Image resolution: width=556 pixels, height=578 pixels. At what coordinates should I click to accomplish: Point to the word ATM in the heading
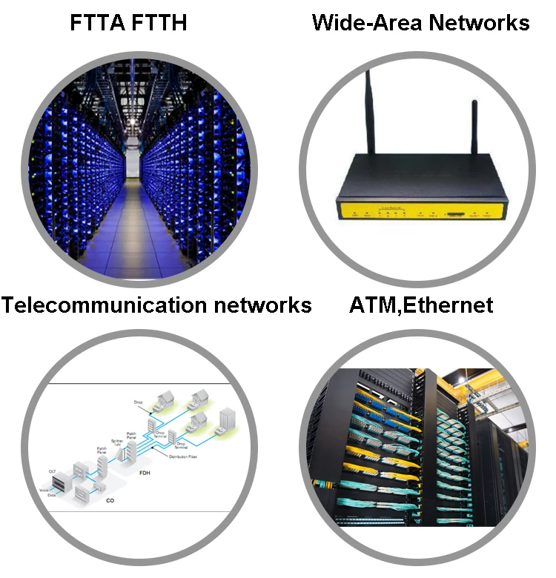pyautogui.click(x=374, y=305)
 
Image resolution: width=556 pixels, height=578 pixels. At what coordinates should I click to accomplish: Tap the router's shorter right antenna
pyautogui.click(x=474, y=137)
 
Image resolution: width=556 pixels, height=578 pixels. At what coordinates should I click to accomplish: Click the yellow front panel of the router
pyautogui.click(x=423, y=212)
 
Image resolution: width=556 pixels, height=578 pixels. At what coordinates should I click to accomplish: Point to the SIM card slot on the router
pyautogui.click(x=453, y=215)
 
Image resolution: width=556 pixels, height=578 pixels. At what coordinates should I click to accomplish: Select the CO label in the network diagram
pyautogui.click(x=109, y=500)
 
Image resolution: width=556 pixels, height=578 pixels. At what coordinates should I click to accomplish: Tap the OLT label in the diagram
pyautogui.click(x=53, y=470)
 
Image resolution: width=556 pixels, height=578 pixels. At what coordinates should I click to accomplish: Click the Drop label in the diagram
pyautogui.click(x=138, y=402)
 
